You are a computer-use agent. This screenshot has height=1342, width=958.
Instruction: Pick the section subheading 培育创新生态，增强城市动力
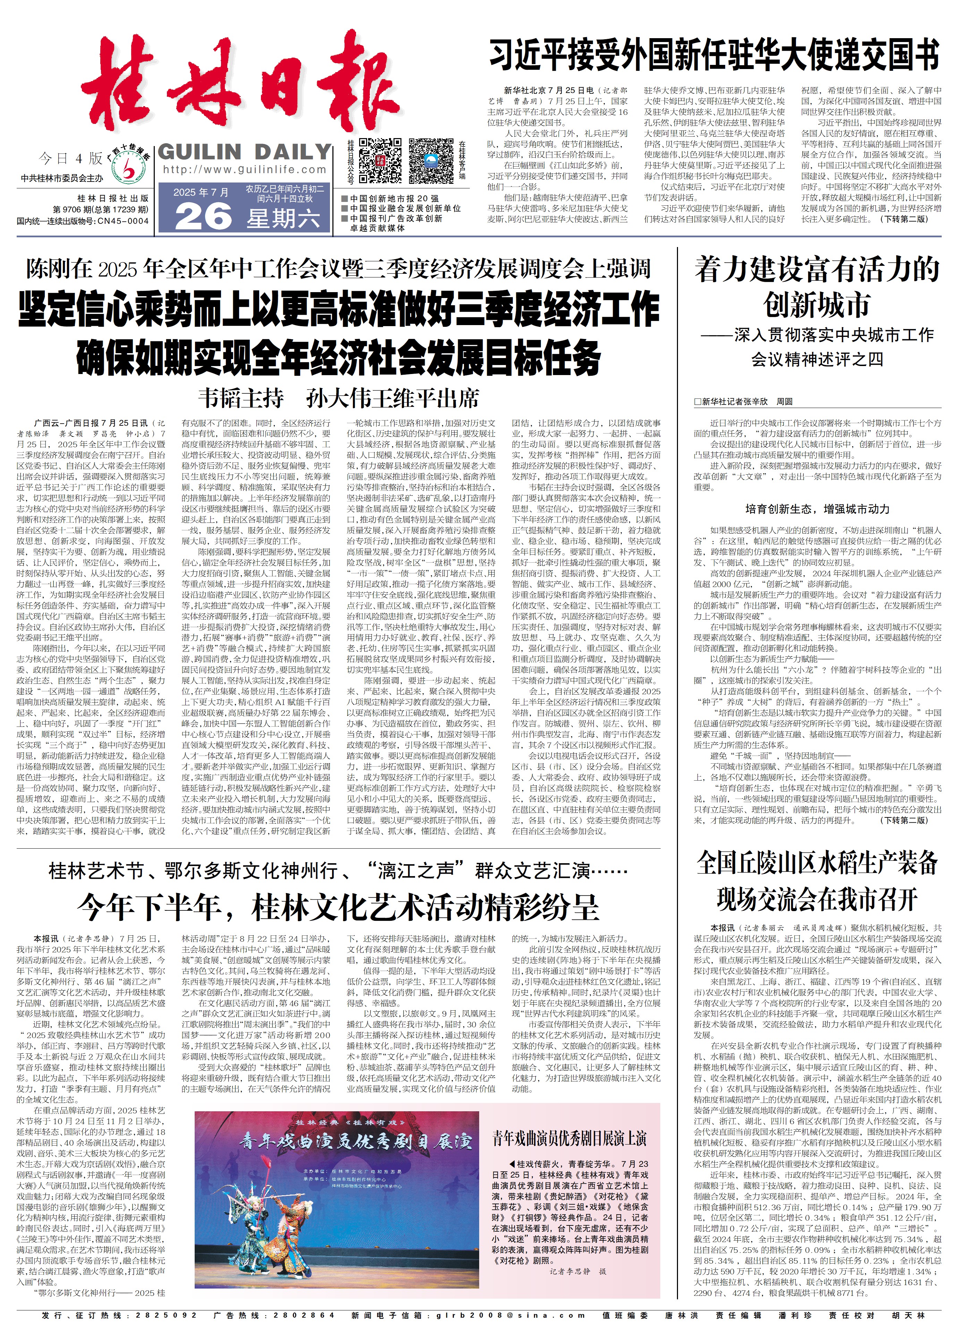coord(817,509)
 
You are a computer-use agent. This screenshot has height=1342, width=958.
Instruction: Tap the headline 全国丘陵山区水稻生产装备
coord(817,863)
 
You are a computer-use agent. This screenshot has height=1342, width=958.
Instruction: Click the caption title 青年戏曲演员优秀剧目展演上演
coord(569,1138)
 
